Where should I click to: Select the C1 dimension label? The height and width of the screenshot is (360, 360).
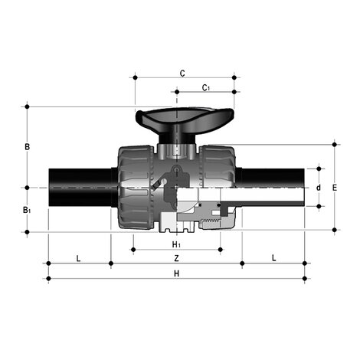pos(206,88)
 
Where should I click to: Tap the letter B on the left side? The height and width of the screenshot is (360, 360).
pos(27,146)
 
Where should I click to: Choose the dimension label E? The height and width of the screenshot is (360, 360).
pos(335,186)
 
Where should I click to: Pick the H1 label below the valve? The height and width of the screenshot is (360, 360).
pos(176,244)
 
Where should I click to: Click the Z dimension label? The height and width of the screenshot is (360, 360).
pos(176,258)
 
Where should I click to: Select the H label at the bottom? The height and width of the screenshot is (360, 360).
pos(176,273)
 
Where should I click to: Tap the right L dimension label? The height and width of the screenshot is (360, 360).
pos(274,258)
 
